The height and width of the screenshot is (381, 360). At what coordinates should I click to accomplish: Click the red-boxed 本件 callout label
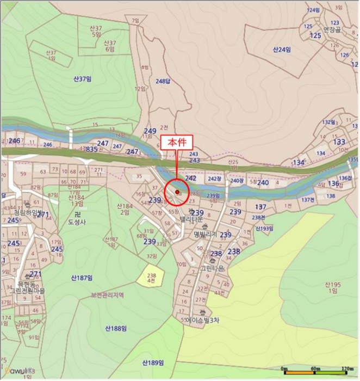[x=177, y=143]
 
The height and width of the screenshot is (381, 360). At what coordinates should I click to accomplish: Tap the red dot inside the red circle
[x=177, y=192]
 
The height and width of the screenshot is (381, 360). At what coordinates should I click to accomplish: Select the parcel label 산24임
[x=282, y=50]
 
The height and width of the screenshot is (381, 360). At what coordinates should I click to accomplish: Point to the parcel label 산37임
[x=82, y=78]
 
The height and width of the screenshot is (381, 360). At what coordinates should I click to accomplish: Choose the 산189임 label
[x=153, y=362]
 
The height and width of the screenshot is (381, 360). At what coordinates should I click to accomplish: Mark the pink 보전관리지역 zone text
[x=108, y=295]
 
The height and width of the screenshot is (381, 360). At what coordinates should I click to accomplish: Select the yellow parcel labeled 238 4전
[x=151, y=279]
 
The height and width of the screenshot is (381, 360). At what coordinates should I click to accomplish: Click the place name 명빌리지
[x=205, y=234]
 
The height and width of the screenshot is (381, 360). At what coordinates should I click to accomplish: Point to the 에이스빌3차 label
[x=202, y=321]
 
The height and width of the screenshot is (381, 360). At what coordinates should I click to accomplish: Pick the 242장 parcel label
[x=214, y=179]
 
